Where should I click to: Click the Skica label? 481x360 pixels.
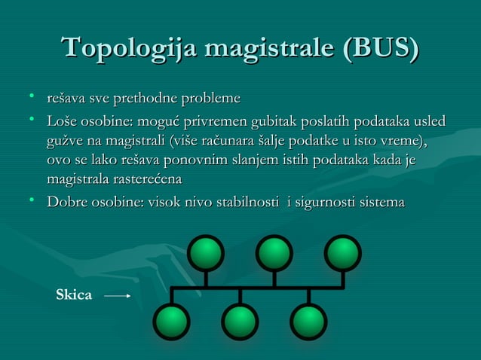75,296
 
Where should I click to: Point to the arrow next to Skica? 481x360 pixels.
118,296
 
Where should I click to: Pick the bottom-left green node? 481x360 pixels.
172,322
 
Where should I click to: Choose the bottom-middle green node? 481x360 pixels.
240,322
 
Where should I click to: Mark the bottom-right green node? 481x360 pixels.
308,322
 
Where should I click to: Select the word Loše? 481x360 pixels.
62,121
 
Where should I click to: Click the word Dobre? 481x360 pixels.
66,203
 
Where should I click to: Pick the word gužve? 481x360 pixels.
64,142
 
